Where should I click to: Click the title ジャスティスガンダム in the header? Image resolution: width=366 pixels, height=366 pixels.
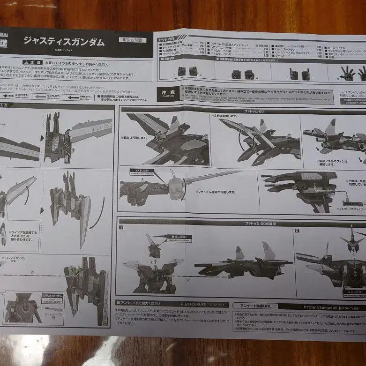tap(64, 41)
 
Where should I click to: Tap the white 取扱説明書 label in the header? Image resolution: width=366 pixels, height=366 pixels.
tap(132, 40)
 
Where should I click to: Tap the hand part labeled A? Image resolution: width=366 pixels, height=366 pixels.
tap(181, 71)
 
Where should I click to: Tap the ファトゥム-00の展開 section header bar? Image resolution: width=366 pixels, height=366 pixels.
tap(253, 224)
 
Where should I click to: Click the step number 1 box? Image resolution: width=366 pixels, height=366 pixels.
tap(121, 228)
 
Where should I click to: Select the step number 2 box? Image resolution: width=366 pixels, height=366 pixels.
tap(297, 231)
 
